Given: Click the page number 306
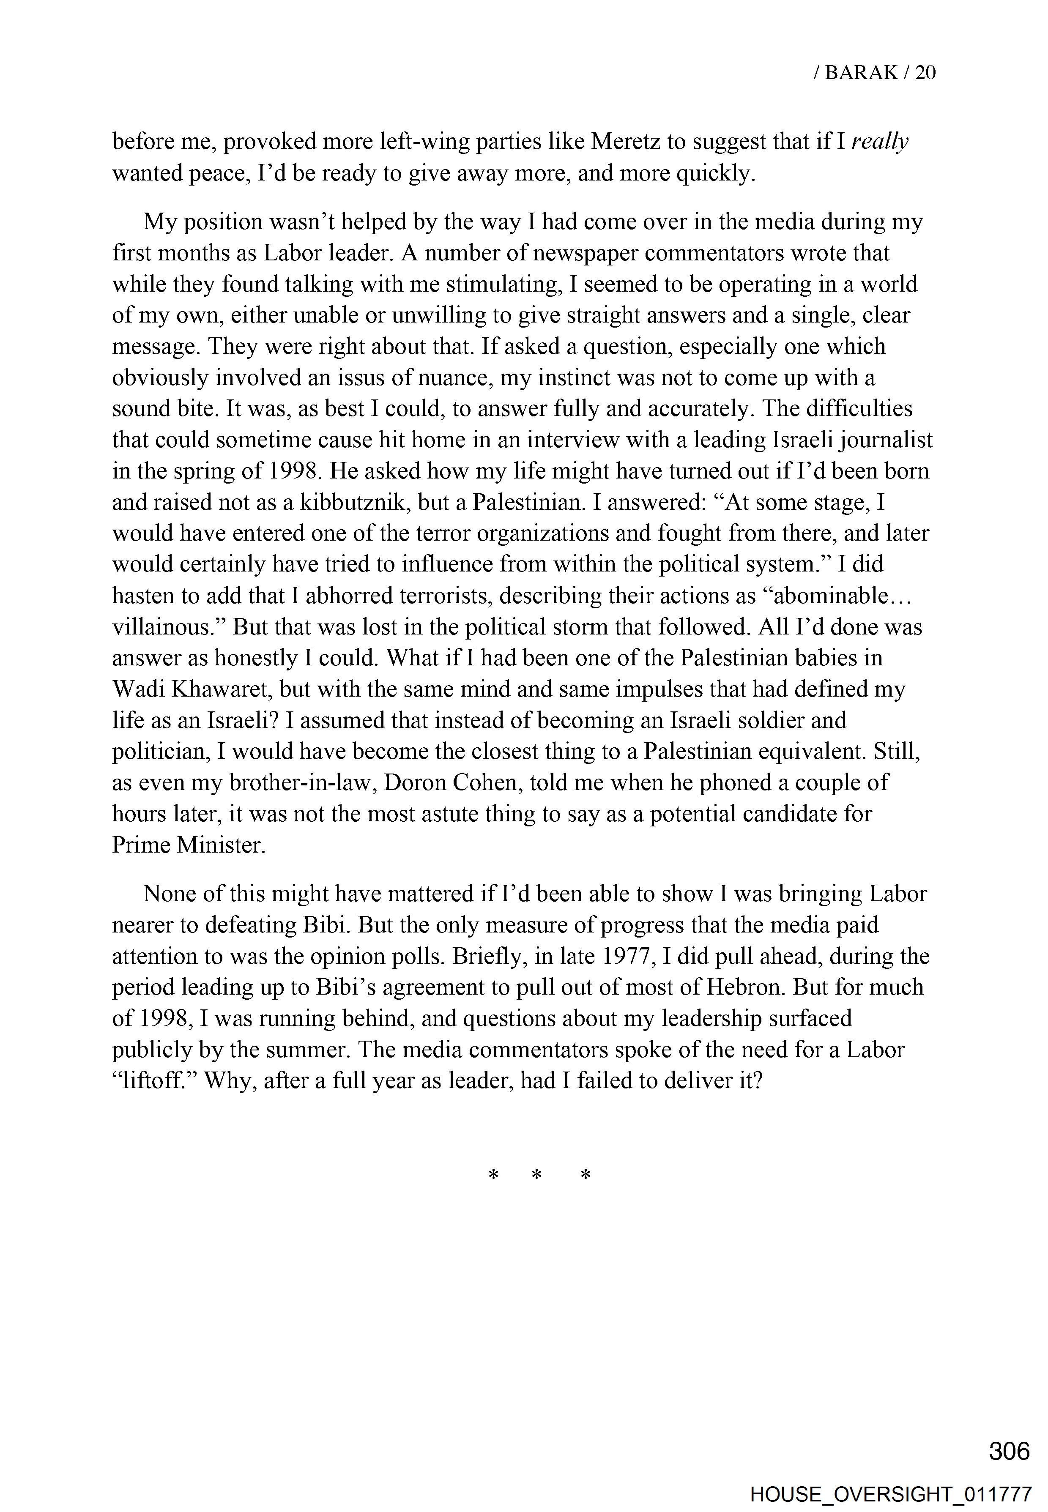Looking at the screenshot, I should tap(1009, 1450).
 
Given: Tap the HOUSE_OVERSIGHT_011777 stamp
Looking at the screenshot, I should tap(890, 1490).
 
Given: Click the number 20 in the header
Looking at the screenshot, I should tap(925, 72).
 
